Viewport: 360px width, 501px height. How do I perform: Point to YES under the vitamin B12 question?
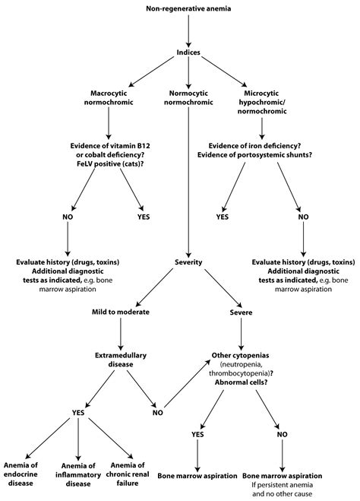coord(141,217)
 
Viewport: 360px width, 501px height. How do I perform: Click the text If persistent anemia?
coord(283,484)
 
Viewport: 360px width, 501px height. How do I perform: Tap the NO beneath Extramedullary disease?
coord(158,414)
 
